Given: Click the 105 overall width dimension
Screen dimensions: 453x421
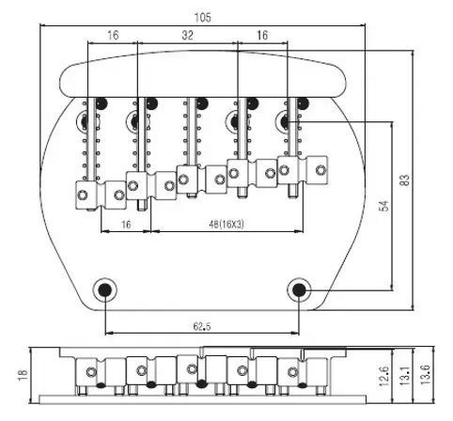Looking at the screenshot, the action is [203, 18].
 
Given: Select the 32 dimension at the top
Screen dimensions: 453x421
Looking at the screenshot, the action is [187, 36].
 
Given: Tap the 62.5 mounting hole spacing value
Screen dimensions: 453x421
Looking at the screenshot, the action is [202, 327].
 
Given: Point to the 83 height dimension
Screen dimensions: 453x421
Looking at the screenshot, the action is [405, 180].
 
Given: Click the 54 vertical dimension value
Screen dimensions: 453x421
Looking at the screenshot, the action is [383, 206].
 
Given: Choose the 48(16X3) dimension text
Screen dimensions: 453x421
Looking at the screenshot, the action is [226, 225].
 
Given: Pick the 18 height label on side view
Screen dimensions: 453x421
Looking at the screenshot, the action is [23, 375].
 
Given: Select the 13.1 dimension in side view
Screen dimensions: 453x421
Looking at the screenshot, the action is [405, 376].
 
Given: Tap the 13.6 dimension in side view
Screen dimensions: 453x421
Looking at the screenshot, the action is [426, 375].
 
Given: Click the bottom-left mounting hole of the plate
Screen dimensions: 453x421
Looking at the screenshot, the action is [105, 290].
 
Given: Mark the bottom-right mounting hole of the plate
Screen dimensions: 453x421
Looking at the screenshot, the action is [299, 290].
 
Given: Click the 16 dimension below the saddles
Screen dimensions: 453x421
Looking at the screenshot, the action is [126, 225].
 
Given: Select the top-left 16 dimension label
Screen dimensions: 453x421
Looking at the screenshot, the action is [113, 36].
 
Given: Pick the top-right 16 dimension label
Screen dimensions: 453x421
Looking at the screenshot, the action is [262, 36].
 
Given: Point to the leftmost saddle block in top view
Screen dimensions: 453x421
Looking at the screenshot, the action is [102, 195].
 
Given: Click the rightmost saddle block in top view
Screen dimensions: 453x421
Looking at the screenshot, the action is [303, 170].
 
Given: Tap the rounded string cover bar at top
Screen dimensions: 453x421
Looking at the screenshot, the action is [204, 74].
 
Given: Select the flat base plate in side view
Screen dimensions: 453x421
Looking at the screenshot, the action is [202, 399].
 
